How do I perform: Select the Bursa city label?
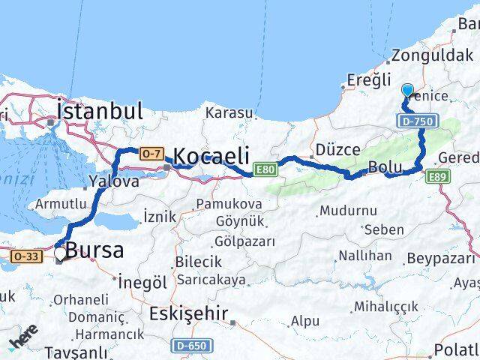click(95, 250)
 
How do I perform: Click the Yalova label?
click(114, 181)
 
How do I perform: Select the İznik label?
click(159, 216)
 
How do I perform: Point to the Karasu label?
click(230, 112)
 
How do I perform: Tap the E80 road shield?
click(264, 169)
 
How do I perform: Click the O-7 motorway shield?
click(151, 154)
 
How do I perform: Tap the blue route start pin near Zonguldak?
click(407, 91)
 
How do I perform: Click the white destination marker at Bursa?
click(60, 254)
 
